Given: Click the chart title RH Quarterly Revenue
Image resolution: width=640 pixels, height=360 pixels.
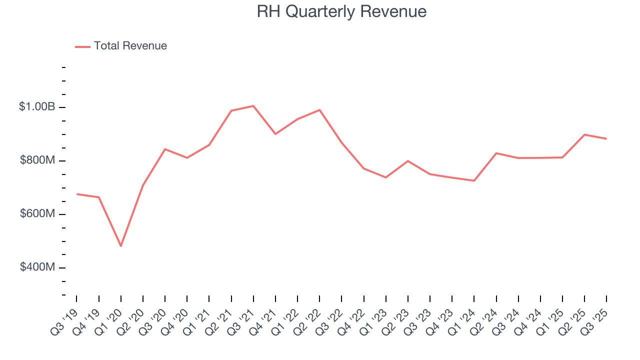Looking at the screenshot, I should (341, 11).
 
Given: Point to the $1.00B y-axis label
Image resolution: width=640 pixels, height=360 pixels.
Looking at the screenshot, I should (37, 107).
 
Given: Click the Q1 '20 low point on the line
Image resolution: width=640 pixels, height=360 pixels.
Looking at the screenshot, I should (120, 246).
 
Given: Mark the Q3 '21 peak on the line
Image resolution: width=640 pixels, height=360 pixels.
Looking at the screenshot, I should (253, 106).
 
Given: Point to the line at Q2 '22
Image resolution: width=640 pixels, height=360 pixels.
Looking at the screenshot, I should (319, 110).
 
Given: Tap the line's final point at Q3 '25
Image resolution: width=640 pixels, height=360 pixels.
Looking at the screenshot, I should (606, 138).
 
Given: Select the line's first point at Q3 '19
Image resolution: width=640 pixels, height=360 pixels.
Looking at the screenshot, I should (76, 194).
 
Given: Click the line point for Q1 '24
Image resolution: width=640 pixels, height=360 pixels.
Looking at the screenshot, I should (474, 180).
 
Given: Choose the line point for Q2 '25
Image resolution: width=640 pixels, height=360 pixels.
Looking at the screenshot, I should (584, 134).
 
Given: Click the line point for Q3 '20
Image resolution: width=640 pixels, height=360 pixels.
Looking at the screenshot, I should (165, 149).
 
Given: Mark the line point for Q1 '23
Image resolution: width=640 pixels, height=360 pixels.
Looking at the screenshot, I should (386, 177).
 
